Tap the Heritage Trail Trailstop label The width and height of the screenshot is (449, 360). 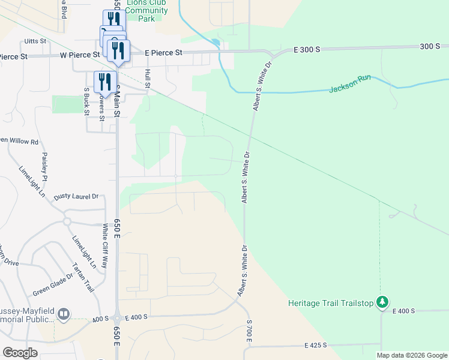(331, 303)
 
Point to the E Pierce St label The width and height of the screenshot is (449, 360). (164, 53)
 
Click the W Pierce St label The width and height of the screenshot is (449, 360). (79, 55)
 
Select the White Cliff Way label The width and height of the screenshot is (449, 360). (106, 245)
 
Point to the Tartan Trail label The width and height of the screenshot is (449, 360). (83, 277)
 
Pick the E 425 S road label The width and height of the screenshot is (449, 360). (315, 346)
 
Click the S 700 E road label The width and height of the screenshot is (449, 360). (249, 332)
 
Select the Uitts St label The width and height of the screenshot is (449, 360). (35, 41)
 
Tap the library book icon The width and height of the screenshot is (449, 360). (64, 314)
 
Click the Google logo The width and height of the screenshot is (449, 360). (20, 352)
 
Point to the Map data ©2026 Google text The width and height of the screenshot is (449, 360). (411, 355)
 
